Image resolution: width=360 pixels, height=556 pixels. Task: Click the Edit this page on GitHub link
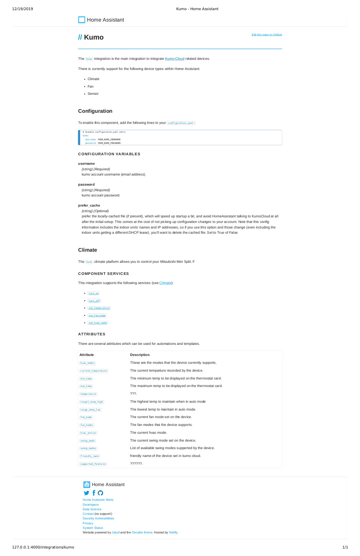[266, 35]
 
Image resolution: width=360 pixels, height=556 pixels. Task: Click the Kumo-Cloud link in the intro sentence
[175, 59]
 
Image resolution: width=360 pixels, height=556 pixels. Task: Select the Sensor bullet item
[93, 94]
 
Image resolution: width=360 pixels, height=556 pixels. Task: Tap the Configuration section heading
[95, 111]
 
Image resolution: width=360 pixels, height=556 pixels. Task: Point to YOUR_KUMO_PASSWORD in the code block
[109, 143]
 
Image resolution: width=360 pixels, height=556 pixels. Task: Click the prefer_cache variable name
[89, 206]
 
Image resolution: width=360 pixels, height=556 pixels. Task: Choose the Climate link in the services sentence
[165, 283]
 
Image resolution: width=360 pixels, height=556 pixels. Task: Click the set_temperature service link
[99, 308]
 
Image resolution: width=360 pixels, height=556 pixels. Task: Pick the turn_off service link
[94, 301]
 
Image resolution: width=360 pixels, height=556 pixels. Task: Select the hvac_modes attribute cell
[88, 363]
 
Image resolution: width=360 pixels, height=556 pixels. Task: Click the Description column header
[140, 355]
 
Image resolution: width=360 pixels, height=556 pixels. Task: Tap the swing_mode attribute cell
[88, 441]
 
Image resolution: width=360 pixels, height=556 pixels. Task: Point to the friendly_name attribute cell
[90, 456]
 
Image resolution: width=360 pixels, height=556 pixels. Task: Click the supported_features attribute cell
[93, 464]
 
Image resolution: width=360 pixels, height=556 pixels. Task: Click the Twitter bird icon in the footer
[86, 493]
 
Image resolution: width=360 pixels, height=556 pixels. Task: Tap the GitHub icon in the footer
[100, 493]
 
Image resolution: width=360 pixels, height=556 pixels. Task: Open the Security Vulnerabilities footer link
[98, 518]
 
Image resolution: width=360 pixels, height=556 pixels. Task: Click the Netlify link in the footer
[173, 532]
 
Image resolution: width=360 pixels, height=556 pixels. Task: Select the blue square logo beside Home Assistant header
[82, 20]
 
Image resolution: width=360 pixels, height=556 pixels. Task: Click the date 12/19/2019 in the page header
[23, 9]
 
